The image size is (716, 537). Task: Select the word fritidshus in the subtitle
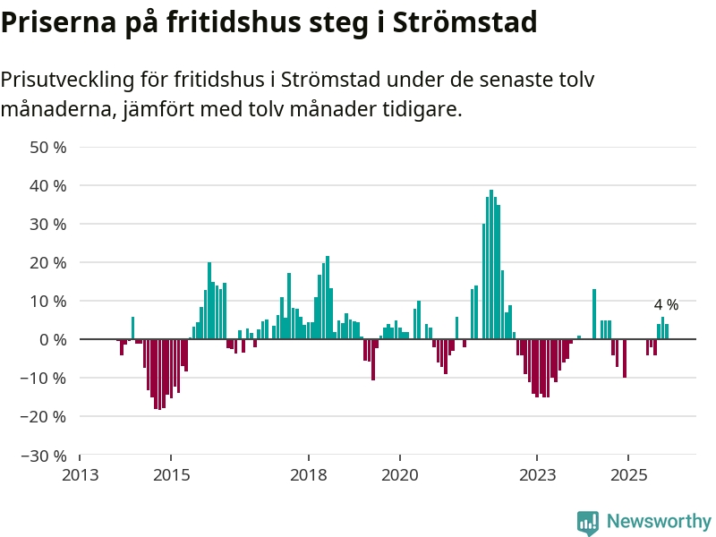pos(225,80)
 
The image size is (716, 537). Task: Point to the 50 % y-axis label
pos(49,147)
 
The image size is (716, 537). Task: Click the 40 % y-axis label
pos(49,185)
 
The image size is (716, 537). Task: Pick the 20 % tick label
pos(49,262)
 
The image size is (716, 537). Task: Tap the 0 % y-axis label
pos(53,339)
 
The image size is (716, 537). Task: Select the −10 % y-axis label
pos(45,378)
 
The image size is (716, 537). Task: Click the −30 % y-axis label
pos(45,455)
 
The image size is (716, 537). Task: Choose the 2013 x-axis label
pos(80,474)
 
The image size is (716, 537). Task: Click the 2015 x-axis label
pos(172,474)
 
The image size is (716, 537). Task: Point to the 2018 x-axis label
pos(309,474)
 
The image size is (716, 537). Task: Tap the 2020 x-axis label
pos(400,474)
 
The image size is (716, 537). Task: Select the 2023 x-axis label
pos(537,474)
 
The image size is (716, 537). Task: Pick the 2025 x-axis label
pos(628,474)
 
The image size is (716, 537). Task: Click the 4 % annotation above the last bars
pos(666,305)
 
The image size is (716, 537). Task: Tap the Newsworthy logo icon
pos(588,522)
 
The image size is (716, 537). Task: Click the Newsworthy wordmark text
pos(659,521)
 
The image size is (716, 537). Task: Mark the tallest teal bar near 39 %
pos(491,264)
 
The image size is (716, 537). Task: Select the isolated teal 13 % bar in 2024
pos(594,314)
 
